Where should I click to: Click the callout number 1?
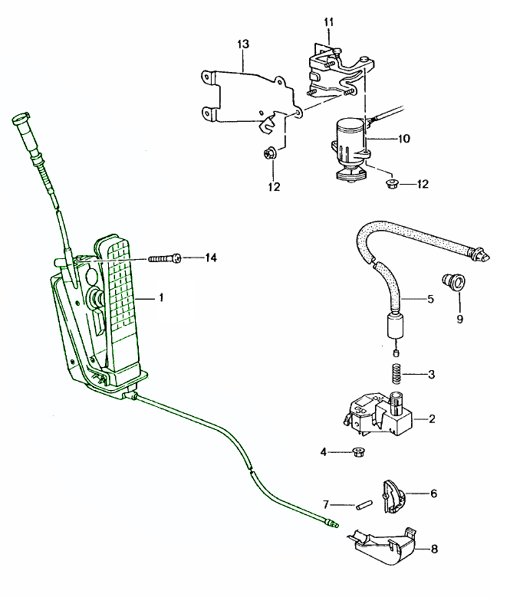point(161,297)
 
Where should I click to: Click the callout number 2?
point(431,419)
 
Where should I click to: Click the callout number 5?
point(430,298)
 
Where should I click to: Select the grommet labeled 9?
point(454,283)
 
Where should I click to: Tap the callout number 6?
point(433,494)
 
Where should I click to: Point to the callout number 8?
point(434,549)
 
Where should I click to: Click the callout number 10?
point(403,139)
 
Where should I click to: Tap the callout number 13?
point(242,46)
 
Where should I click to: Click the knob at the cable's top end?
point(21,123)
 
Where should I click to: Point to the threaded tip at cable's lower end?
point(332,523)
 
